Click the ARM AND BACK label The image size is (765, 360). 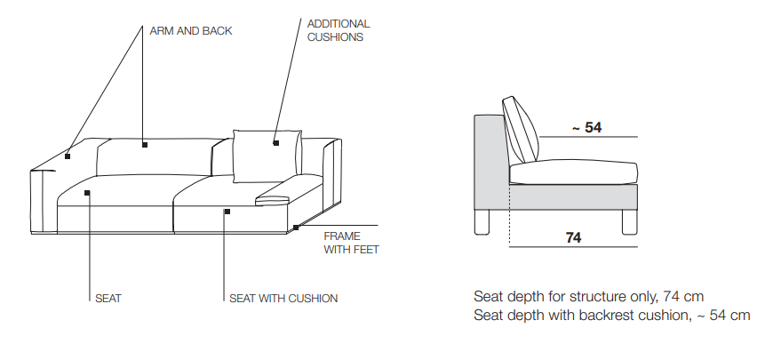191,31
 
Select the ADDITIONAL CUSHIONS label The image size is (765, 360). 339,30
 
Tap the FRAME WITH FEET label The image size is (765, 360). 351,243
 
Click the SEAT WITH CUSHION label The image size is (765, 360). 283,298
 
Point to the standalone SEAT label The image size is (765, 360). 108,298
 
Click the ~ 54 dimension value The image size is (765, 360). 587,128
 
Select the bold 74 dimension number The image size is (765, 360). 573,237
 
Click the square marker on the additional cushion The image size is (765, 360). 276,143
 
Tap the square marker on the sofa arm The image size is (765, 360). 68,156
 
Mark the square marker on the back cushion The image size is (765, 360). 145,144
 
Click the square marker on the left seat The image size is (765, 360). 87,193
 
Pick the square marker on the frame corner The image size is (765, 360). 296,228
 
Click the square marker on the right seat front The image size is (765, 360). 227,212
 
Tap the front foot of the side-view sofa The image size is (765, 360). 629,222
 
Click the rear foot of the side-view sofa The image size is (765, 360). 482,222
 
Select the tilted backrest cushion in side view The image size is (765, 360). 520,131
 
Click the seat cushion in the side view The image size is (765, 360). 573,172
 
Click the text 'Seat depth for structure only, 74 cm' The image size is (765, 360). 589,296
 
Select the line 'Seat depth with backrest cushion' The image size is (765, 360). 612,316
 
